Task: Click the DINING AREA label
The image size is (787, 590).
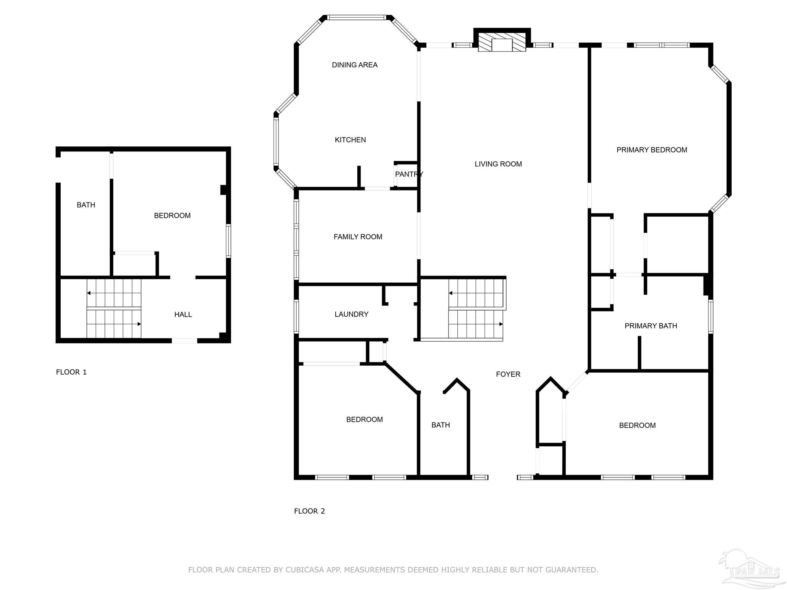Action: coord(354,65)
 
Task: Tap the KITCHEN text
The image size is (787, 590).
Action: coord(350,140)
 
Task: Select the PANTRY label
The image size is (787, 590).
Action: coord(409,174)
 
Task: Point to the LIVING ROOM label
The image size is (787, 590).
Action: coord(498,164)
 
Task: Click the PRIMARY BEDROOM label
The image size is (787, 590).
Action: coord(652,150)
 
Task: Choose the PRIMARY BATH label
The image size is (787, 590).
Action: coord(651,326)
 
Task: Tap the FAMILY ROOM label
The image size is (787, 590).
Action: coord(358,237)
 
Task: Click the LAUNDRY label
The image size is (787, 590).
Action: coord(351,314)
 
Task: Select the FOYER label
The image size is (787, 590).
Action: coord(508,374)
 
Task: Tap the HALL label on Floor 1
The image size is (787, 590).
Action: coord(183,315)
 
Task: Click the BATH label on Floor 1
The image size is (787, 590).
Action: coord(86,205)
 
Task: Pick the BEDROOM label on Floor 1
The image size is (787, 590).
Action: coord(172,215)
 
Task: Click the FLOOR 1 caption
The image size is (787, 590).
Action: coord(71,372)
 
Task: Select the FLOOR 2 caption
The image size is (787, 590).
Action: coord(309,511)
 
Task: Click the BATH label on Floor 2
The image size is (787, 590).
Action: coord(440,425)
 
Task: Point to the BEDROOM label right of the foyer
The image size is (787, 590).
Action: coord(637,425)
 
